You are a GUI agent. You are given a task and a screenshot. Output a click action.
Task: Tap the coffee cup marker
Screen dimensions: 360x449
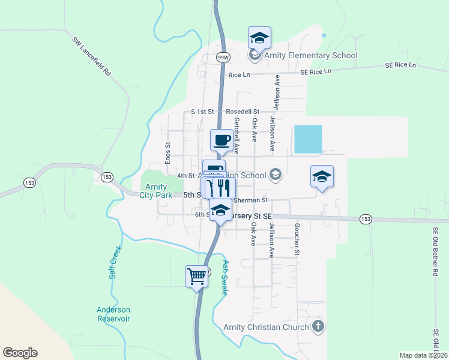(x=221, y=140)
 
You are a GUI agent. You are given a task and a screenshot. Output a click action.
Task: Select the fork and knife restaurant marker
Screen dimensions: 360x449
(x=223, y=188)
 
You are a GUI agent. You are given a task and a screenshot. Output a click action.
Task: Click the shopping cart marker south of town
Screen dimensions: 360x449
(x=197, y=277)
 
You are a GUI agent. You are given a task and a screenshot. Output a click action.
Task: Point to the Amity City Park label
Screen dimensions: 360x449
(x=156, y=191)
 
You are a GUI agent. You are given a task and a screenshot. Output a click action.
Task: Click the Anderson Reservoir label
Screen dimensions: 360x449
(x=113, y=314)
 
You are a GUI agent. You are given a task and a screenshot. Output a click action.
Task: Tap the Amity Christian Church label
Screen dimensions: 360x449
(x=266, y=327)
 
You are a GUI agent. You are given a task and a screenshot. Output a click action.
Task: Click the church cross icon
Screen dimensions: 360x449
(x=318, y=327)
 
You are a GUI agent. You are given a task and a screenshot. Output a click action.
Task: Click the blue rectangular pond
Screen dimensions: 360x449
(x=308, y=139)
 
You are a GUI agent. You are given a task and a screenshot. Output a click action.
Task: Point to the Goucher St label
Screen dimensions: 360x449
(x=297, y=239)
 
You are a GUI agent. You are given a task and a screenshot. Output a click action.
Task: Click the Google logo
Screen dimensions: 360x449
(x=20, y=353)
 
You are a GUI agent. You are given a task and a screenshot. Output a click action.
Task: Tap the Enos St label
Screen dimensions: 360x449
(x=168, y=152)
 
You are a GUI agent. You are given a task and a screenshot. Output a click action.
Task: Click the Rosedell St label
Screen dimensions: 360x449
(x=243, y=112)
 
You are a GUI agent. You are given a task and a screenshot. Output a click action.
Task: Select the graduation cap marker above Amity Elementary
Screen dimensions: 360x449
(x=259, y=38)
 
